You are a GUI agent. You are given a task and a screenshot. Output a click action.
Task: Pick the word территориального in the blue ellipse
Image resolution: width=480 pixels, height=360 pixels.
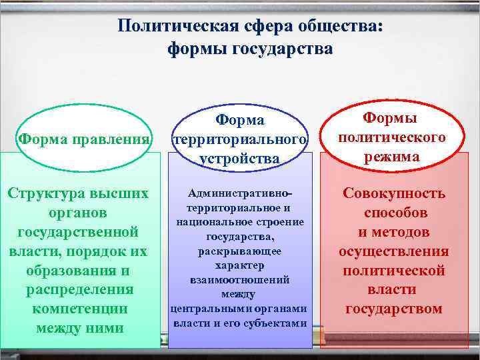[240, 140]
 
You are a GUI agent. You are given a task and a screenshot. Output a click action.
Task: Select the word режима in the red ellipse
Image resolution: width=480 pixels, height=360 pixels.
[392, 157]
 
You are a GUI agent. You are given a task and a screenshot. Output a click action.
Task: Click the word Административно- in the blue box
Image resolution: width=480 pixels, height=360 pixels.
[240, 193]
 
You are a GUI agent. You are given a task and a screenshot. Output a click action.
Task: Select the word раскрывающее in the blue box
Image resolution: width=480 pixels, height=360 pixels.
[240, 251]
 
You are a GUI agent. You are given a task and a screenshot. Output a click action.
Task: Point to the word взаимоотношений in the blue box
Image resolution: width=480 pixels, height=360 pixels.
[240, 280]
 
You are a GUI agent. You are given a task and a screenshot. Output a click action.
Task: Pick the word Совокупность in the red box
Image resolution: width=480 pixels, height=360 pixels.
[393, 193]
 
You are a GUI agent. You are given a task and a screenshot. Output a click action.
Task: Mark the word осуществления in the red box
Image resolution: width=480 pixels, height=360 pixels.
[393, 251]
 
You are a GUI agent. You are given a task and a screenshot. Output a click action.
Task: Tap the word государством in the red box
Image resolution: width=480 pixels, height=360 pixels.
[393, 309]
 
